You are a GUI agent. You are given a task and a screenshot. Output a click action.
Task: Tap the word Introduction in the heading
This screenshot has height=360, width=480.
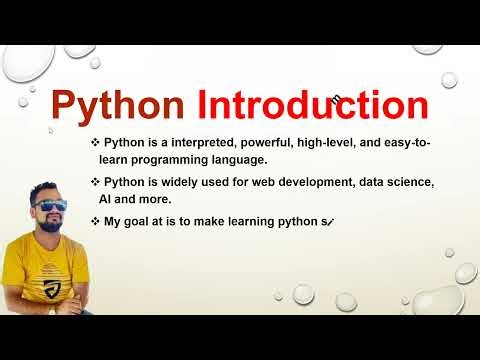pyautogui.click(x=312, y=106)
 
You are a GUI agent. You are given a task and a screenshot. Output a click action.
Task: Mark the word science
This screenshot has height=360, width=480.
pyautogui.click(x=411, y=182)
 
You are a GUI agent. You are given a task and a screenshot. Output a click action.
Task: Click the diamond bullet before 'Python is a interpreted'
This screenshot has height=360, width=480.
pyautogui.click(x=94, y=145)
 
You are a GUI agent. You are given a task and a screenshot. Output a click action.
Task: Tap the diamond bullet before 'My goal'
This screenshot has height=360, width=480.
pyautogui.click(x=94, y=220)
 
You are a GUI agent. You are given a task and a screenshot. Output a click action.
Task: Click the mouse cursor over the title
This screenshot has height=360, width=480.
pyautogui.click(x=337, y=98)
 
